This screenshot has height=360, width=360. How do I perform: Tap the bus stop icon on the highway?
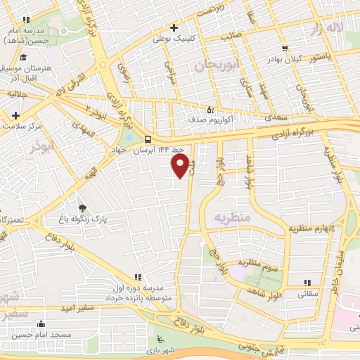[x=148, y=139]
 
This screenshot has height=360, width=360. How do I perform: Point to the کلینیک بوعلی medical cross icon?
[x=173, y=29]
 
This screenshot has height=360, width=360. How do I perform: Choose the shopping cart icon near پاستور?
[x=284, y=49]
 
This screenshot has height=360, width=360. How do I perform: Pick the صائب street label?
[x=232, y=34]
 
